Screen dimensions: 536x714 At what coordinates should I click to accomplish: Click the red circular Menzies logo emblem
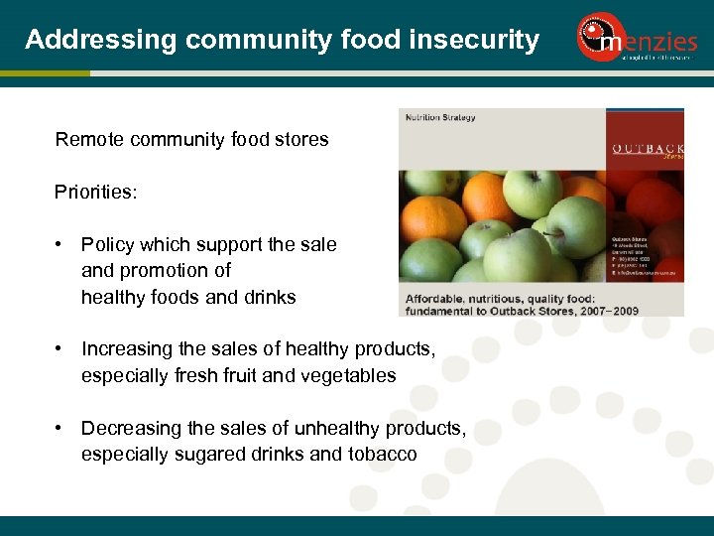pyautogui.click(x=601, y=37)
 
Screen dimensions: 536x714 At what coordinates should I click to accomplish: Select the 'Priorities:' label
pyautogui.click(x=96, y=192)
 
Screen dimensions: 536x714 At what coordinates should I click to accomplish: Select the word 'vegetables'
pyautogui.click(x=349, y=375)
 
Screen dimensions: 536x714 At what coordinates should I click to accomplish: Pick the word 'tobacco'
pyautogui.click(x=383, y=455)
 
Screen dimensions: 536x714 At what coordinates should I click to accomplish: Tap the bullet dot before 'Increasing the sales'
pyautogui.click(x=60, y=348)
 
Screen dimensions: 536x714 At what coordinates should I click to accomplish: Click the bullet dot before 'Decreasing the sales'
pyautogui.click(x=60, y=428)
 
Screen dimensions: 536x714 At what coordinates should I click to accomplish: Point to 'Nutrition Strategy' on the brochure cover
pyautogui.click(x=440, y=118)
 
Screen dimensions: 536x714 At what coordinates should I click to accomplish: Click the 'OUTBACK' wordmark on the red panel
pyautogui.click(x=647, y=149)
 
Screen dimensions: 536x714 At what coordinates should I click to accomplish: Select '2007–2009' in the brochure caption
pyautogui.click(x=605, y=310)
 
